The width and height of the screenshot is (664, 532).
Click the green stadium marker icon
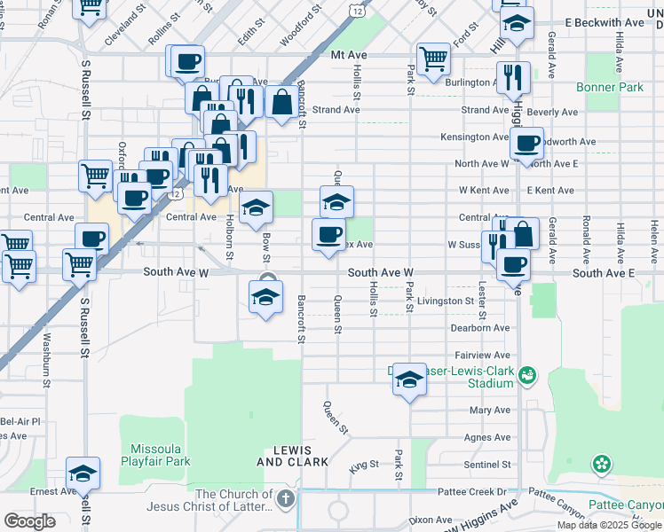point(527,375)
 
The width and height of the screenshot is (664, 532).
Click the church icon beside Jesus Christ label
point(285,499)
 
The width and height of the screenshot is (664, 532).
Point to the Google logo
point(29,521)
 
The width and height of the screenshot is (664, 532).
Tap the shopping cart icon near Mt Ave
point(433,59)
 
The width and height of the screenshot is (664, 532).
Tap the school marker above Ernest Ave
point(83,473)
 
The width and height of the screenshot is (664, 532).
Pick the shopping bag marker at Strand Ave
point(281,102)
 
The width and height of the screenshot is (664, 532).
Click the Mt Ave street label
point(348,54)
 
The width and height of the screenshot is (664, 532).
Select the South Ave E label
point(604,273)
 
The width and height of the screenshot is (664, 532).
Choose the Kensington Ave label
point(476,137)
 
